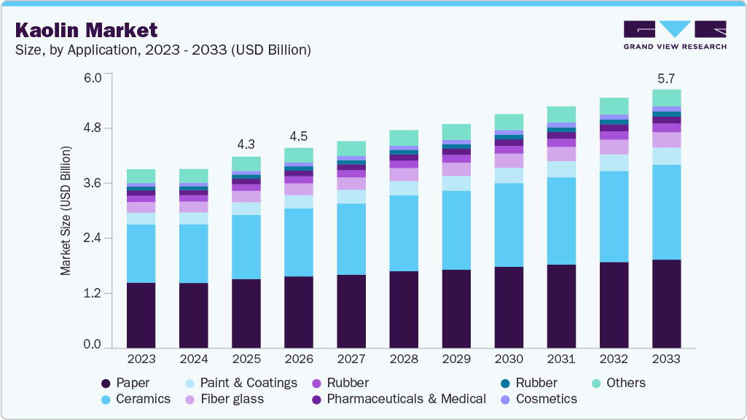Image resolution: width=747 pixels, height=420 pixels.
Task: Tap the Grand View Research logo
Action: pos(675,34)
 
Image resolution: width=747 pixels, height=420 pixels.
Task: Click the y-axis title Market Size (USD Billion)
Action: pos(66,211)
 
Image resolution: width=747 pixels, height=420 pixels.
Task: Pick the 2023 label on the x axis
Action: pos(141,359)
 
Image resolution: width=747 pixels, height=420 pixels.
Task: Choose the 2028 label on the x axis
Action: pos(404,359)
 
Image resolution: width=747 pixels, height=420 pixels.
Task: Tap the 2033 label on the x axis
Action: pos(666,359)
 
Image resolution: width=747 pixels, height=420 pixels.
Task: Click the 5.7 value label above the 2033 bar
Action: pos(666,77)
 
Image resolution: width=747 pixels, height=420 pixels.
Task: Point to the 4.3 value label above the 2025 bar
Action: pos(246,144)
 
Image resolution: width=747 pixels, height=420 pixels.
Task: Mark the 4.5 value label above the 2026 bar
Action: pos(298,136)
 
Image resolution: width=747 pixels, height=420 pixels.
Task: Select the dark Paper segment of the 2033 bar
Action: pos(666,303)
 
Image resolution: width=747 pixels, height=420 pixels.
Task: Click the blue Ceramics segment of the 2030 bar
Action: pos(509,225)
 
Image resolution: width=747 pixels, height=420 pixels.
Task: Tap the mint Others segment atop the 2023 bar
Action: pos(141,176)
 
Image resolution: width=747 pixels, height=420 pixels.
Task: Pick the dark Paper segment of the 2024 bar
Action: pos(193,315)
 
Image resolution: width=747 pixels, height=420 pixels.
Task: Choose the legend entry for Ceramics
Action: pos(136,399)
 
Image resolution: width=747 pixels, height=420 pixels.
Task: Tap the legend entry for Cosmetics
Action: pos(539,399)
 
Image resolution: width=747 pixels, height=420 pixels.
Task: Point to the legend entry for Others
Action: pos(617,383)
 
